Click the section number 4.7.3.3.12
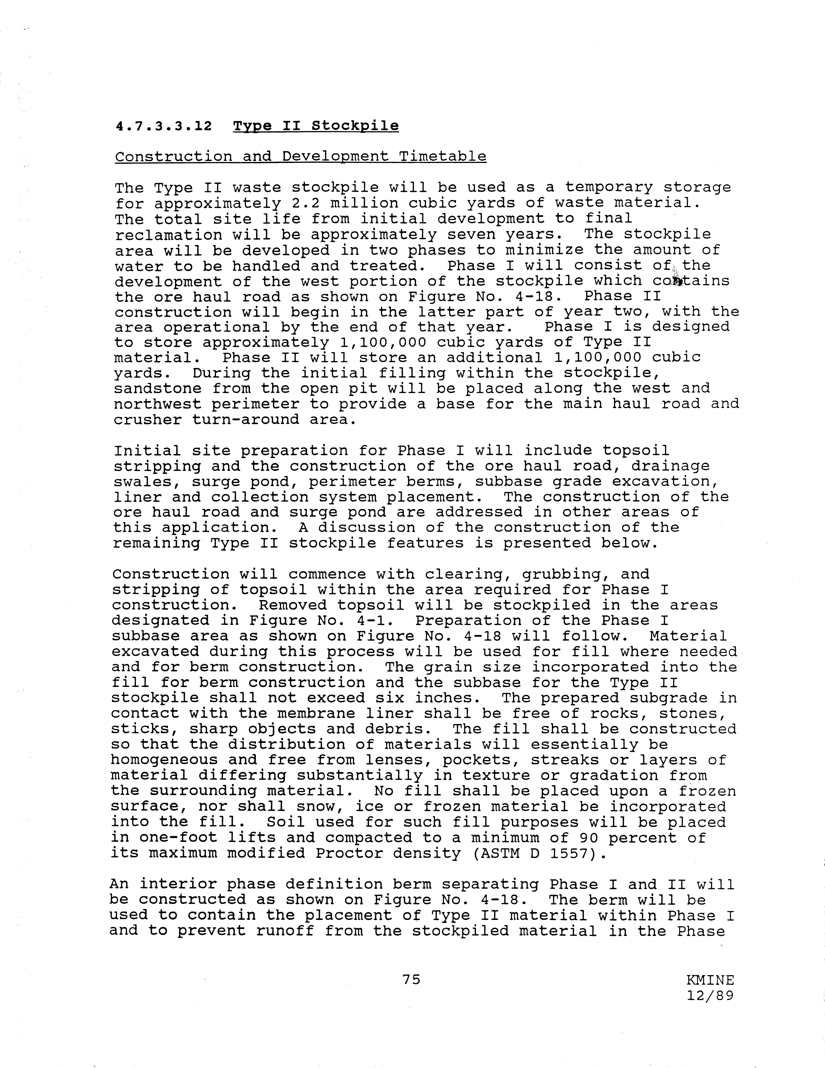(164, 126)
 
